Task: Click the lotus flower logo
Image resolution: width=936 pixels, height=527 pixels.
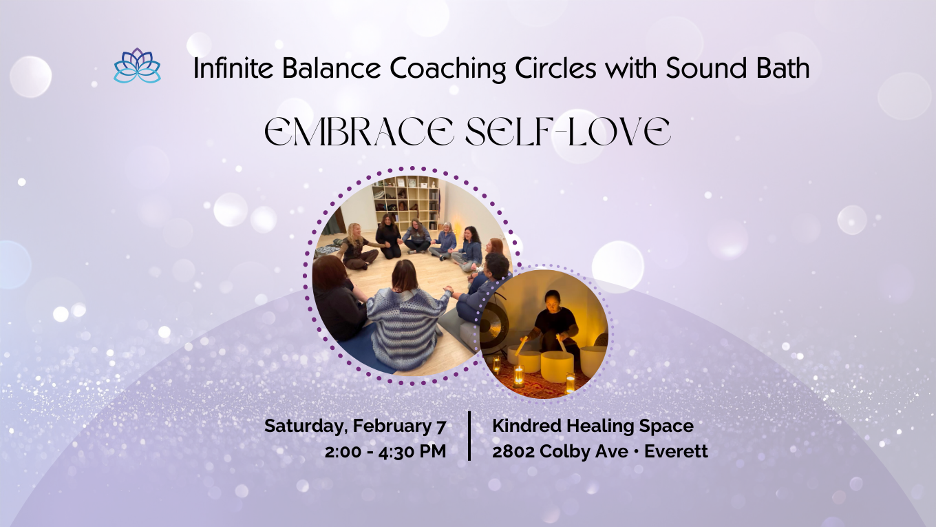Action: [137, 66]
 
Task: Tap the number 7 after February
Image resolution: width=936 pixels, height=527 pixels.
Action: [440, 426]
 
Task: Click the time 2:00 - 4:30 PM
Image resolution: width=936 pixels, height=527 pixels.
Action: [385, 451]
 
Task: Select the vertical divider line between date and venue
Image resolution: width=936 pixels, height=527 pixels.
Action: [469, 436]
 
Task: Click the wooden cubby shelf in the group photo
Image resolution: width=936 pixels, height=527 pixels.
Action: [406, 200]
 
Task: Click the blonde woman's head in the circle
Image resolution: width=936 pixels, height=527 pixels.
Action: [355, 232]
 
